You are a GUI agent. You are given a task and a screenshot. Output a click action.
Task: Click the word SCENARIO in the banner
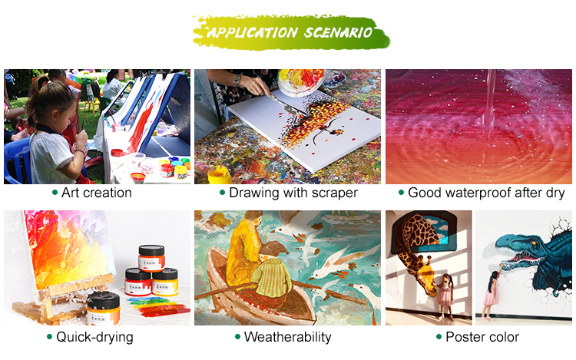339,33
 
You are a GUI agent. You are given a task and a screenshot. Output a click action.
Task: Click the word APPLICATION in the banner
253,33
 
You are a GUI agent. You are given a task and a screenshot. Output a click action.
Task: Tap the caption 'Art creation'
97,193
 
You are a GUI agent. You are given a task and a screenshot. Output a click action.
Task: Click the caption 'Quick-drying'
94,337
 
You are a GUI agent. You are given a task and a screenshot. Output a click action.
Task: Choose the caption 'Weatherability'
288,337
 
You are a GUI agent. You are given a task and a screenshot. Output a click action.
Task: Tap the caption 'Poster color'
482,337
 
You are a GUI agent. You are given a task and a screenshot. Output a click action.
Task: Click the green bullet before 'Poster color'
439,336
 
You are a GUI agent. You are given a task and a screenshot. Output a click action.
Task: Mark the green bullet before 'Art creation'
55,193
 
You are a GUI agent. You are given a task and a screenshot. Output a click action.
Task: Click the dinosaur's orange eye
534,243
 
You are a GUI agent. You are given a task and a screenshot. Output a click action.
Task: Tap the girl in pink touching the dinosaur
492,293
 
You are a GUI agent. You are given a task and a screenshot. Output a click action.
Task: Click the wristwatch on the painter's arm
237,80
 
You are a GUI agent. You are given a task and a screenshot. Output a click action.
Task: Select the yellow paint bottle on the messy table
220,175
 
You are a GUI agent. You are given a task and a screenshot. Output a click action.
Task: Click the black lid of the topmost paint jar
151,250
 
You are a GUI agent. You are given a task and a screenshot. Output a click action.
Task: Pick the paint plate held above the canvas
301,82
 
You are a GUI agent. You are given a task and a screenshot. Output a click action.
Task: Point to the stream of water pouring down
489,104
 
